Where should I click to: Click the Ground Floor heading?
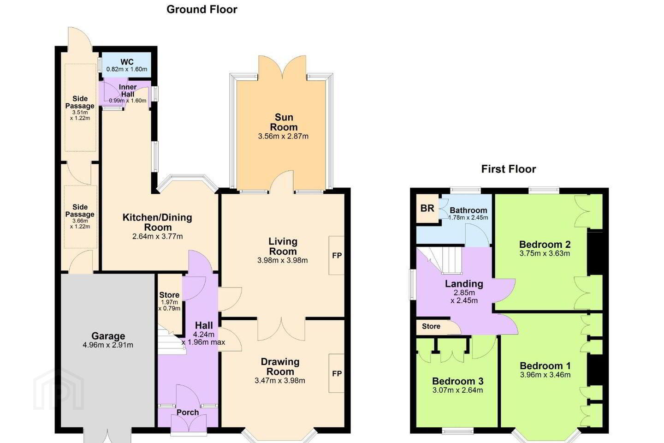click(x=202, y=10)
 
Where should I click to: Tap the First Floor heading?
click(x=508, y=169)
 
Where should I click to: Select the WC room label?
click(x=127, y=62)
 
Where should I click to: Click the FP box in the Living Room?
click(x=337, y=256)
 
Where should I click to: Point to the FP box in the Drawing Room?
click(x=337, y=373)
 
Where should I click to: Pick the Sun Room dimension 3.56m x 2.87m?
click(x=283, y=136)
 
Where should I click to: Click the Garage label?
click(x=108, y=336)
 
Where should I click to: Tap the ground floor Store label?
click(x=169, y=295)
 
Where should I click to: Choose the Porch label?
click(x=188, y=413)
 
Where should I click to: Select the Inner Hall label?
click(x=128, y=90)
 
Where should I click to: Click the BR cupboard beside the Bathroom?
click(x=427, y=208)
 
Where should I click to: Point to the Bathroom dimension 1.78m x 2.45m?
click(x=468, y=217)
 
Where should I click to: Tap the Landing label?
click(x=464, y=284)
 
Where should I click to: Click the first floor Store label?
click(x=431, y=326)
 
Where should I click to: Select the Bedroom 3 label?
click(x=458, y=381)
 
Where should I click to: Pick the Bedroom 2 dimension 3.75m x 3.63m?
click(x=545, y=253)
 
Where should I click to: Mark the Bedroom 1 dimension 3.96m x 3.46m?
click(x=545, y=375)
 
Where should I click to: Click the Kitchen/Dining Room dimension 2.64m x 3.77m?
click(x=157, y=236)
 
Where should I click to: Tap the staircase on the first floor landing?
click(x=445, y=261)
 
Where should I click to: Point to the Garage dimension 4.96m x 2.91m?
click(x=108, y=345)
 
